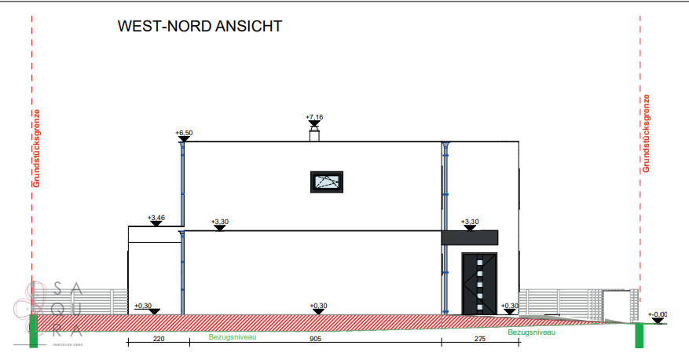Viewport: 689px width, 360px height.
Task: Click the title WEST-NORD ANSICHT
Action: click(200, 27)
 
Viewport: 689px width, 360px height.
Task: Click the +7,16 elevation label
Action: click(314, 117)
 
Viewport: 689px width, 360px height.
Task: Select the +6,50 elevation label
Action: click(184, 134)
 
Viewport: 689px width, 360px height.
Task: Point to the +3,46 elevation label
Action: click(156, 217)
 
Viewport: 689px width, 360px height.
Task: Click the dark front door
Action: click(480, 284)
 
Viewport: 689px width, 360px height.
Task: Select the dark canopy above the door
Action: click(470, 237)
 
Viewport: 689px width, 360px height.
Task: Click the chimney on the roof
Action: click(314, 136)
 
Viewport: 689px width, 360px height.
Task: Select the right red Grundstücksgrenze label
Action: click(646, 134)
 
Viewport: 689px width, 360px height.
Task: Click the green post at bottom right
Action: click(639, 336)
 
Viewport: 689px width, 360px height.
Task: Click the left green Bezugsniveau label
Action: click(233, 336)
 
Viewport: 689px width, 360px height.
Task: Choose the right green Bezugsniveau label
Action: click(532, 332)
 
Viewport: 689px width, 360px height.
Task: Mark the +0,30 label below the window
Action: click(317, 306)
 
